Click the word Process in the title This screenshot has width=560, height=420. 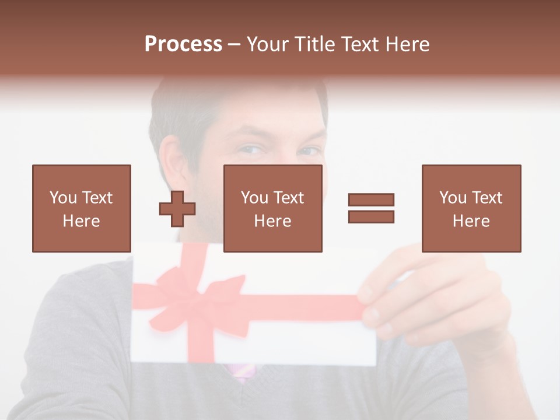tap(183, 44)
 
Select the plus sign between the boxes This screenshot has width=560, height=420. tap(177, 209)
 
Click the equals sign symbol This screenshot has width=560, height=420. tap(371, 208)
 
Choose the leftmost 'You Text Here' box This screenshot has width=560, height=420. tap(81, 208)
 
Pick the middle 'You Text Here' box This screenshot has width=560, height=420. tap(272, 208)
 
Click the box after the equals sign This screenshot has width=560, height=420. tap(471, 208)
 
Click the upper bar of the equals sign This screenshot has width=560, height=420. tap(371, 200)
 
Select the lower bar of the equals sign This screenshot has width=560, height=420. tap(371, 216)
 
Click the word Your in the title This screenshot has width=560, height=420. tap(267, 44)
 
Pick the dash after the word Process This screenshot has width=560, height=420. tap(235, 45)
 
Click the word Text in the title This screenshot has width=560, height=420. tap(358, 44)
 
